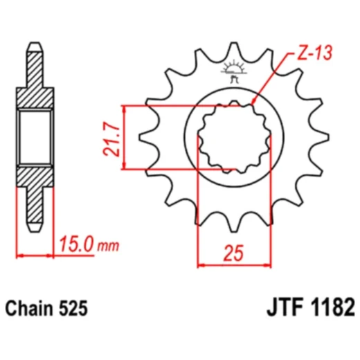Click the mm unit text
click(107, 246)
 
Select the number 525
click(74, 307)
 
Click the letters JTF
click(282, 307)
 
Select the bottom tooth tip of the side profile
click(34, 226)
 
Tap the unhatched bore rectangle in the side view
click(35, 138)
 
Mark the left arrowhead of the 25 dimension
click(201, 264)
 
